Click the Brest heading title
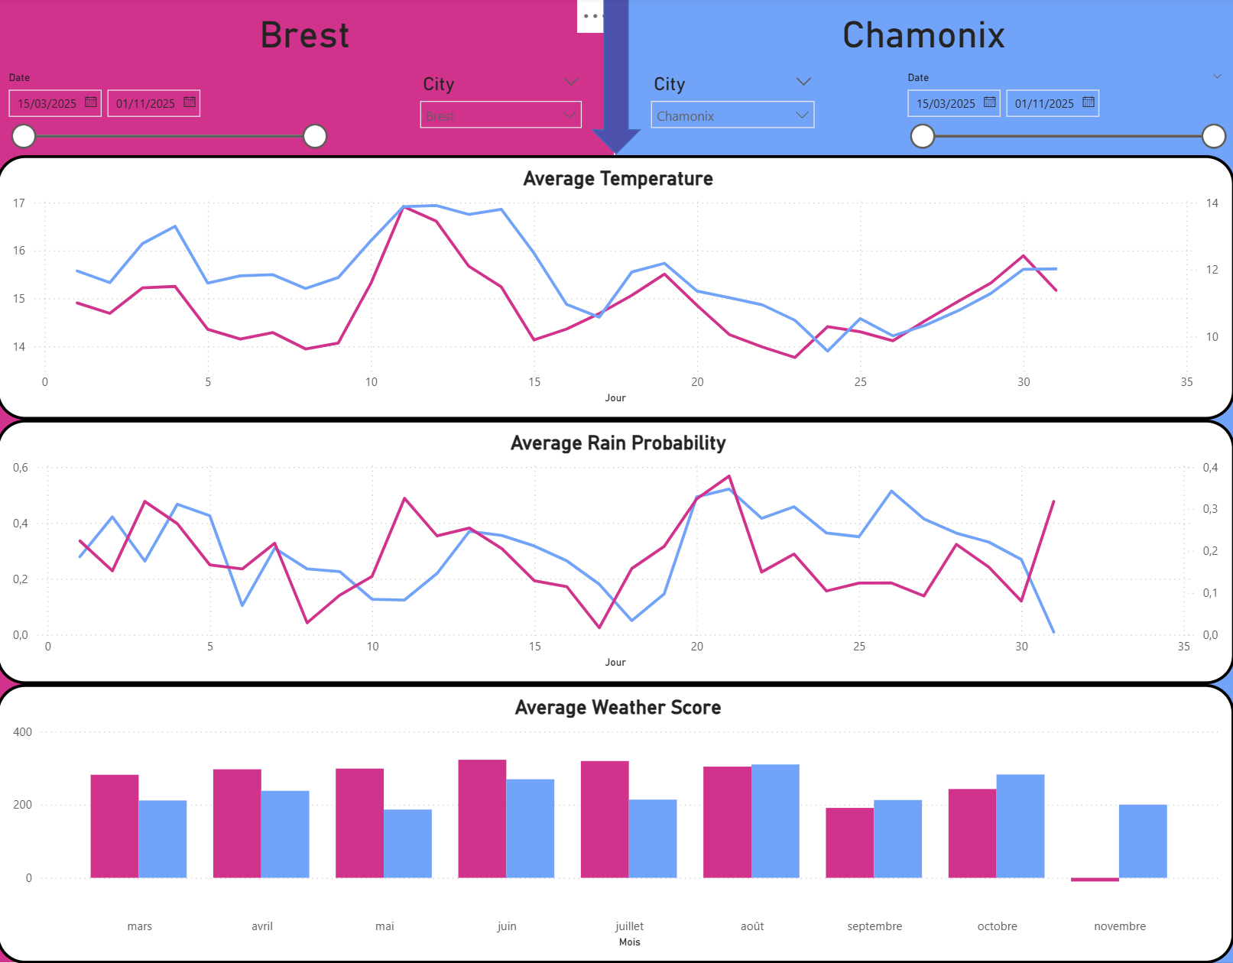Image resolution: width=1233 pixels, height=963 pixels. (x=304, y=35)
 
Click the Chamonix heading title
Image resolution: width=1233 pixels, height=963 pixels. (x=923, y=35)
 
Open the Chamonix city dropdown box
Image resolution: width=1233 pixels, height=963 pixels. (x=732, y=115)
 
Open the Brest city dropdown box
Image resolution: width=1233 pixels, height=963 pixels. (x=500, y=115)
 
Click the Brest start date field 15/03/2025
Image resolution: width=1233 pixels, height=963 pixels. (x=54, y=103)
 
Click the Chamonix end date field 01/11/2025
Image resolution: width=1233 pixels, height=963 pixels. (x=1052, y=103)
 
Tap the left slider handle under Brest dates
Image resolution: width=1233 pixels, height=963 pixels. (x=24, y=136)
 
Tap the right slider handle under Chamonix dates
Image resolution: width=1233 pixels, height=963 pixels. (x=1213, y=136)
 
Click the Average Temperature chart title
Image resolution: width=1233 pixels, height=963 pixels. (x=618, y=179)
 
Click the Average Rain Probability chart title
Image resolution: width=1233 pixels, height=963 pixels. (x=618, y=443)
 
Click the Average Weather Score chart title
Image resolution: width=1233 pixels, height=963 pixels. (x=618, y=708)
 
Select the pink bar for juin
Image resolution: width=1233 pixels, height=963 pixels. (x=482, y=818)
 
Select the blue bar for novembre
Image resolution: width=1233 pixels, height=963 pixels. (x=1142, y=841)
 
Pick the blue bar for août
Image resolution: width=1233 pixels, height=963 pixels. (x=775, y=821)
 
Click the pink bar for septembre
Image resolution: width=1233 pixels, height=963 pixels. (x=849, y=842)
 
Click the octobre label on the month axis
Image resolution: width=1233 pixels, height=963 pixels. (x=997, y=926)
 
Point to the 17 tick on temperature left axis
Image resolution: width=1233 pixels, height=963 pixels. (x=19, y=203)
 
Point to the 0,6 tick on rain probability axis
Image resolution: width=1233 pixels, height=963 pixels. (x=20, y=468)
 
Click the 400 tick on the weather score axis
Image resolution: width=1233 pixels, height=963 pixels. (x=23, y=732)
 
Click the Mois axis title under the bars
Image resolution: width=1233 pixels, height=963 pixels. (x=629, y=942)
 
